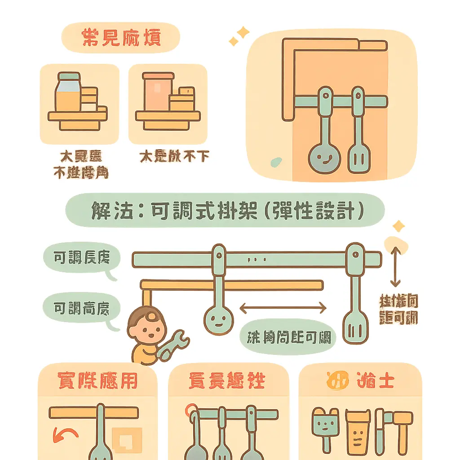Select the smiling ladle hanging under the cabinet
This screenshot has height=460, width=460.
click(x=324, y=157)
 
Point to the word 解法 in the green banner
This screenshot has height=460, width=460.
click(x=108, y=210)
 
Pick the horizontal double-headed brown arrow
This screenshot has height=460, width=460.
click(x=283, y=308)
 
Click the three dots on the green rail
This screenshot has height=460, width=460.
click(x=254, y=259)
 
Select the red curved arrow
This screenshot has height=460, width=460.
click(x=65, y=435)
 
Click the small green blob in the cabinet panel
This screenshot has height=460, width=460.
click(x=275, y=160)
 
